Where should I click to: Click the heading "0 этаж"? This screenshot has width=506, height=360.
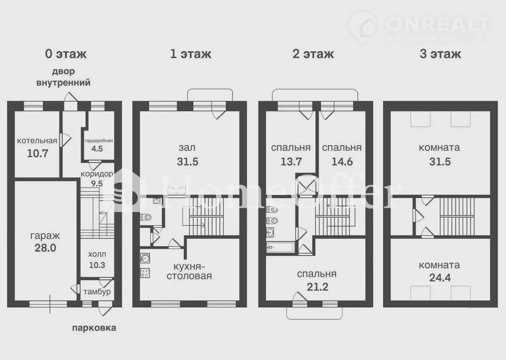[66, 54]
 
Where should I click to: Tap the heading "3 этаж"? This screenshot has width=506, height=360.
[440, 54]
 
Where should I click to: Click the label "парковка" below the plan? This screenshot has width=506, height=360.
[94, 328]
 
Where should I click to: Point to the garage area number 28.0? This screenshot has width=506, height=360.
[45, 248]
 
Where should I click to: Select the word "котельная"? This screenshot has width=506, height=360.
[37, 141]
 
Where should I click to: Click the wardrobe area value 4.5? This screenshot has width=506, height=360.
[97, 149]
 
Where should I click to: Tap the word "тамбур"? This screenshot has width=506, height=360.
[97, 292]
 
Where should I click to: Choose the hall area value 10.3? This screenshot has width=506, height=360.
[97, 265]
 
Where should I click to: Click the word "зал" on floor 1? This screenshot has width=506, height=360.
[187, 148]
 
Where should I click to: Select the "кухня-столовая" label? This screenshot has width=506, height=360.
[189, 271]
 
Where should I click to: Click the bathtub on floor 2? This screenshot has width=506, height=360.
[281, 247]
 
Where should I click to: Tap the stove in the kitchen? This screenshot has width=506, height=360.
[145, 273]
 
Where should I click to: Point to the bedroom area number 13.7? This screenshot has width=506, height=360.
[291, 162]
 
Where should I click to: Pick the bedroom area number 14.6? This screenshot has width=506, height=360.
[342, 162]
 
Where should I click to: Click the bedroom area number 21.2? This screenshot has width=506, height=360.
[317, 287]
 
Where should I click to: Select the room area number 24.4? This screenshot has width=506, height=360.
[440, 278]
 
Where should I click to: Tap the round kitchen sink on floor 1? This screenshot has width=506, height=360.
[145, 258]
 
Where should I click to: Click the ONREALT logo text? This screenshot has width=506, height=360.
[438, 25]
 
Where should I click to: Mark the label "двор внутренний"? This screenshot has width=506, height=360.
[64, 77]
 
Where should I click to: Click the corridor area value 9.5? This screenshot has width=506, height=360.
[97, 184]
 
